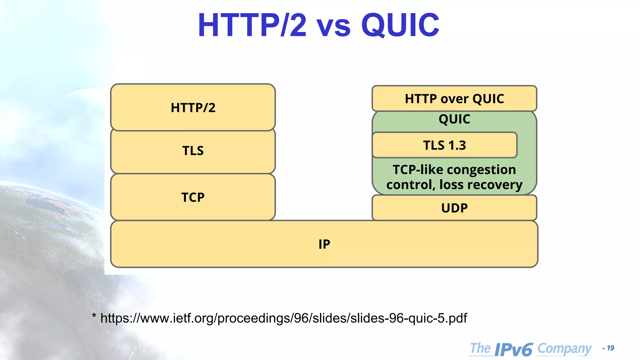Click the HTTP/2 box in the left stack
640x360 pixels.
tap(193, 107)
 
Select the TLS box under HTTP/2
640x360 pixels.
tap(193, 151)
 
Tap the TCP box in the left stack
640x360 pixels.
tap(193, 197)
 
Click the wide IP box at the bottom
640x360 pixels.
tap(324, 244)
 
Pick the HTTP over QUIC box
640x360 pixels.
tap(454, 99)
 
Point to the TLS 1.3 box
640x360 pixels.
tap(444, 145)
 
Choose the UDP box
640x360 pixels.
tap(454, 208)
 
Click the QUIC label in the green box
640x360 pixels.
tap(454, 119)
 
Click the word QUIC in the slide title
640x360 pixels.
tap(400, 26)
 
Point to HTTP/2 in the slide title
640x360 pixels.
tap(252, 26)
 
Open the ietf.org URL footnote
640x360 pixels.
tap(283, 318)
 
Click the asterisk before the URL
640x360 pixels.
tap(94, 316)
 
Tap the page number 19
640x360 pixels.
tap(610, 348)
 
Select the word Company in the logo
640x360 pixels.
tap(564, 349)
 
